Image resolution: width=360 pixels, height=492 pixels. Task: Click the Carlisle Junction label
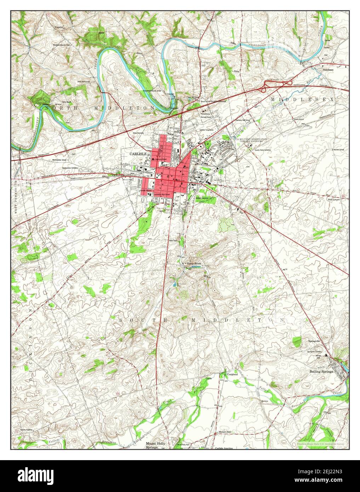pos(224,448)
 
